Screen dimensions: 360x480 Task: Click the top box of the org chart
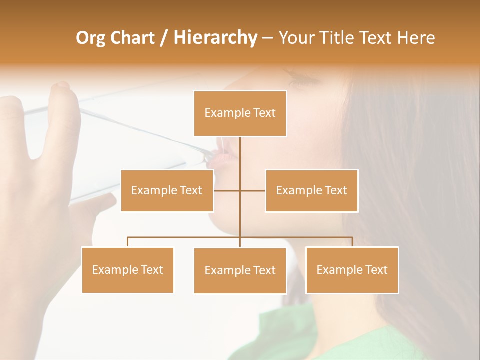coord(240,113)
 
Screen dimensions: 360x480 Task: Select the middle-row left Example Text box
coord(167,190)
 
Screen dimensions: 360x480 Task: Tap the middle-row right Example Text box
coord(311,190)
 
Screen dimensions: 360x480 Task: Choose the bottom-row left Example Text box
coord(127,270)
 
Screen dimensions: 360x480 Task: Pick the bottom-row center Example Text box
coord(240,270)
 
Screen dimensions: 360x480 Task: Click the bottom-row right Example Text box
coord(352,270)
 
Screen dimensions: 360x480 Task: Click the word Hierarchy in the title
coord(215,38)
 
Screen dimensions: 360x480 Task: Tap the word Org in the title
coord(91,38)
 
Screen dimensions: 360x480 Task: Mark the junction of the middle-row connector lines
coord(240,190)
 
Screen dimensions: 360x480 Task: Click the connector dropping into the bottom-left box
coord(127,242)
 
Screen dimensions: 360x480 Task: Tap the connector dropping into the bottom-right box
coord(352,242)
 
